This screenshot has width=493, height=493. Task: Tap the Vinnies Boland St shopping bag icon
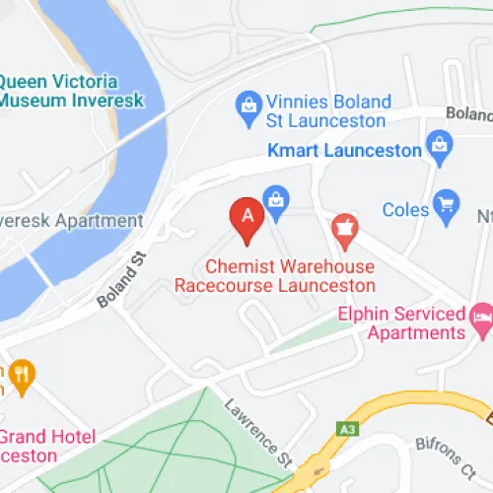click(x=246, y=103)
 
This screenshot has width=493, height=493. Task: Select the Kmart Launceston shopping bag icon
click(x=439, y=151)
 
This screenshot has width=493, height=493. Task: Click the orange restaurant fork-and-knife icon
click(x=21, y=374)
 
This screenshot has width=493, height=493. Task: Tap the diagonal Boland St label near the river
click(x=120, y=282)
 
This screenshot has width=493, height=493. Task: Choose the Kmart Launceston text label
click(x=345, y=151)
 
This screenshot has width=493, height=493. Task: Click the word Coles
click(x=404, y=210)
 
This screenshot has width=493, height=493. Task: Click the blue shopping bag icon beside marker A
click(x=276, y=199)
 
